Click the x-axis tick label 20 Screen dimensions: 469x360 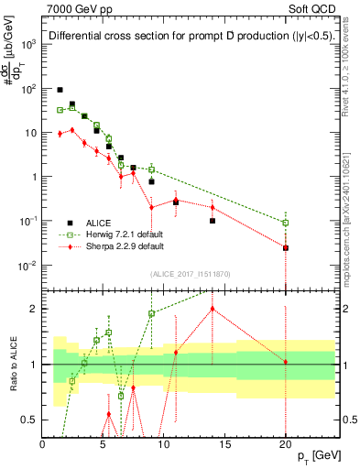(x=285, y=442)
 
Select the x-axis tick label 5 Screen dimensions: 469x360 (x=103, y=442)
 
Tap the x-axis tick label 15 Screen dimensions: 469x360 (x=224, y=442)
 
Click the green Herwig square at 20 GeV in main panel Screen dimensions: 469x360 (x=286, y=223)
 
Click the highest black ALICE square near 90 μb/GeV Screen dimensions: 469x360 (x=60, y=90)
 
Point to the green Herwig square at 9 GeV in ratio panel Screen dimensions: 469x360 (x=151, y=313)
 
